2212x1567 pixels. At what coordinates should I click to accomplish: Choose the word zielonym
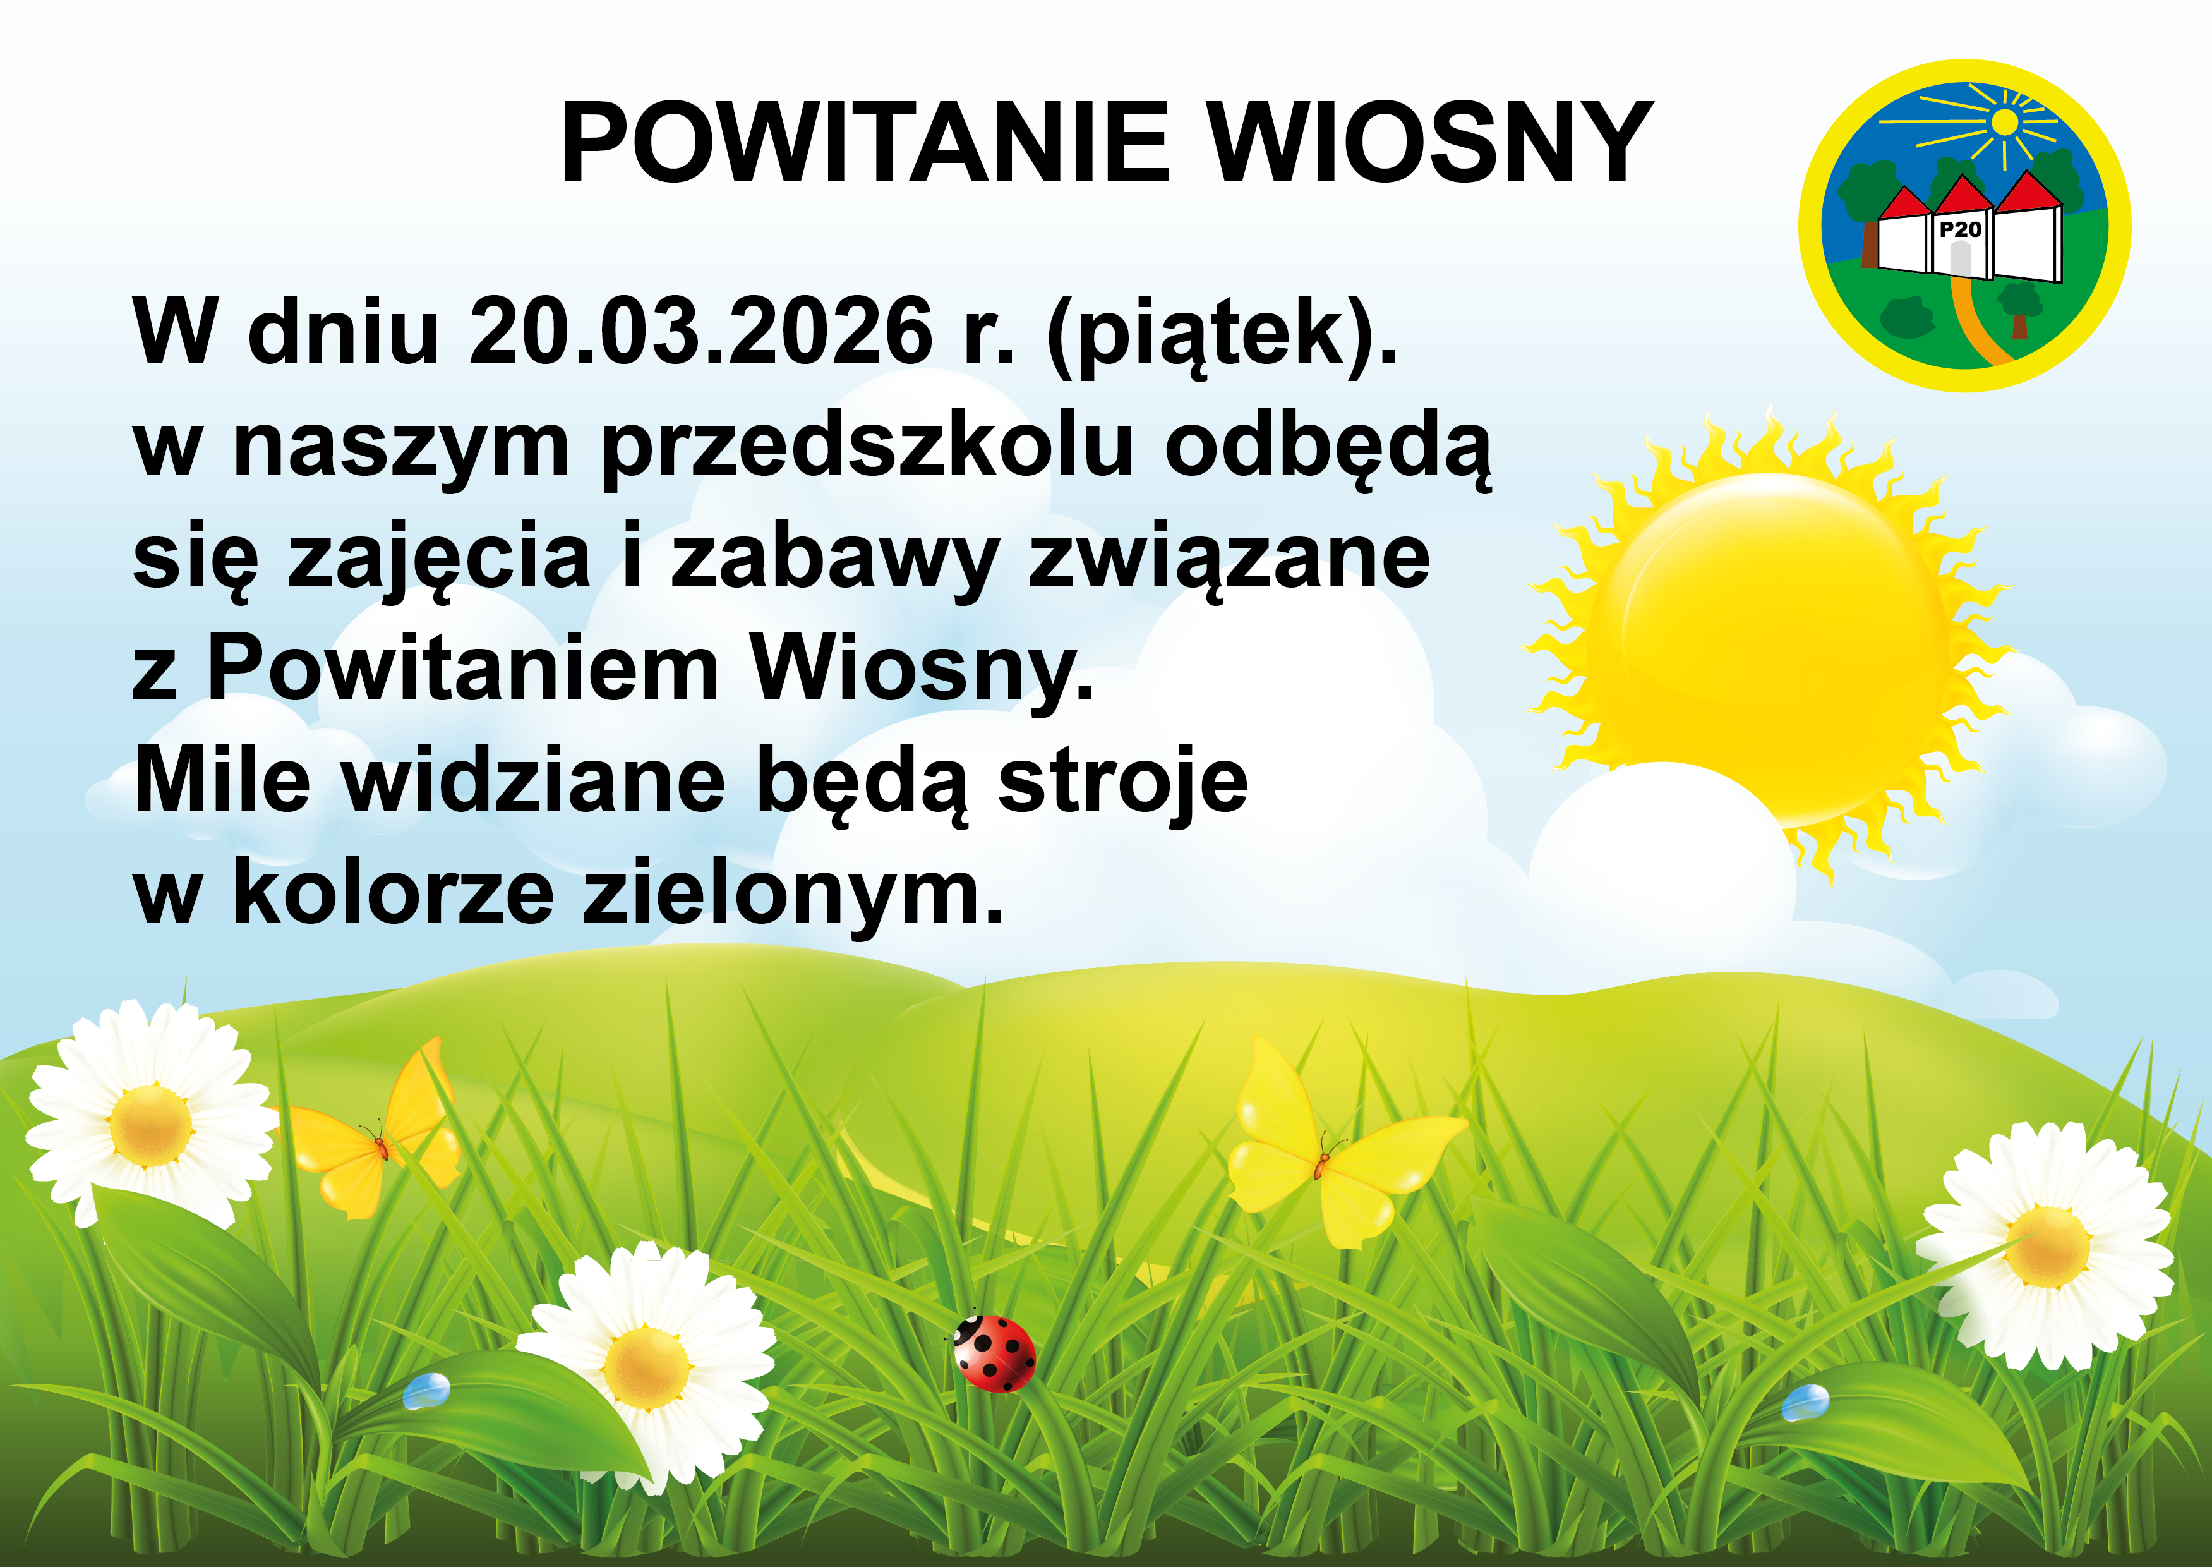tap(792, 893)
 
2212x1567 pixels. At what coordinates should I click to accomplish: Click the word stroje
tap(1123, 782)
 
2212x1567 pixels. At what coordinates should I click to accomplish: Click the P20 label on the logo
tap(1960, 229)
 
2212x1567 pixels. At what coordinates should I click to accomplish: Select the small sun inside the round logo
tap(2005, 123)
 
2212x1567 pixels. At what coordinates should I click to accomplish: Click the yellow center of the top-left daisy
tap(150, 1125)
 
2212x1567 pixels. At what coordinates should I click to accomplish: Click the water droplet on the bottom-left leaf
tap(426, 1391)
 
